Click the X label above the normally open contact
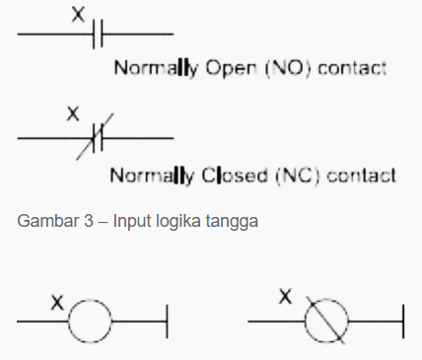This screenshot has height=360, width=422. click(x=78, y=15)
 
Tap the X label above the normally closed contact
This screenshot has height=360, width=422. click(x=73, y=113)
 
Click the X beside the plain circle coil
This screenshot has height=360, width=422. click(x=57, y=303)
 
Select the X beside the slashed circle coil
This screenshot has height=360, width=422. click(x=285, y=296)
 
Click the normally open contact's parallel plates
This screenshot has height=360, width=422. click(x=98, y=34)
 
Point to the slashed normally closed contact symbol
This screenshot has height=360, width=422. click(x=96, y=137)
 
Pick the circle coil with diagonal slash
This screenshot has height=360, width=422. click(x=326, y=321)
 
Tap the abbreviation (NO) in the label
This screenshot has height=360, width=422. click(x=288, y=68)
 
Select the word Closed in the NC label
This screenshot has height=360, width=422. click(x=235, y=175)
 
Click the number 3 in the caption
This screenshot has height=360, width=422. click(x=89, y=221)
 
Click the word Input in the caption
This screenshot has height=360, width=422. click(x=133, y=221)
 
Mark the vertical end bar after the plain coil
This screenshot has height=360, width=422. click(x=168, y=322)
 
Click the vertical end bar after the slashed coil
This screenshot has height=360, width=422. click(x=403, y=322)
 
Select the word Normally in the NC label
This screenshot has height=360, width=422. click(x=152, y=176)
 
